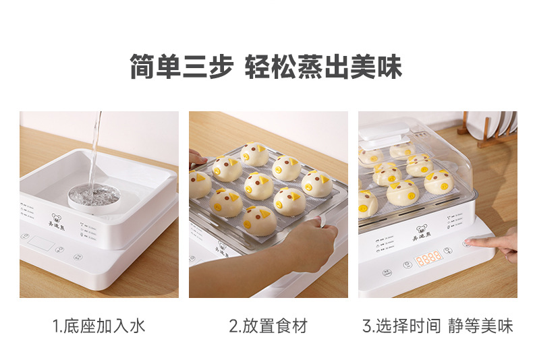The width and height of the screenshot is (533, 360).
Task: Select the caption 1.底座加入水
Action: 99,327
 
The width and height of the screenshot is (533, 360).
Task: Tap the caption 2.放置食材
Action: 268,327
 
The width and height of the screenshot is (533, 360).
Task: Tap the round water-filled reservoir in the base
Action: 94,196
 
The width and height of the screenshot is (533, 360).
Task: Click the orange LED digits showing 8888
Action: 428,257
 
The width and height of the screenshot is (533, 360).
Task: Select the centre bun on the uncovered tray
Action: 258,185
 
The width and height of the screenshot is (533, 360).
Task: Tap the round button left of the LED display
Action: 408,265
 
